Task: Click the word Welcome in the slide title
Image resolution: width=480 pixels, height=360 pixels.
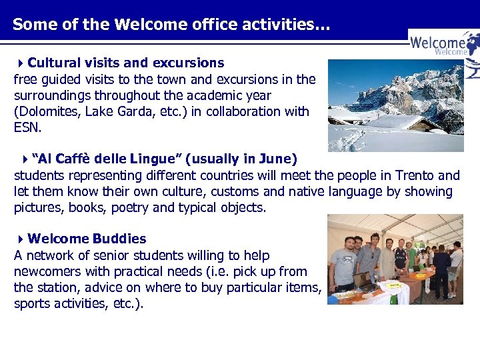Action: point(143,25)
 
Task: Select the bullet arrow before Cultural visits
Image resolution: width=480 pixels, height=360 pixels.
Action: point(21,63)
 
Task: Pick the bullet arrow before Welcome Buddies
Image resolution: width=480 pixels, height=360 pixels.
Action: point(21,239)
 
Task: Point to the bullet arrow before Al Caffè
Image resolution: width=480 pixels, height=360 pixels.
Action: point(25,159)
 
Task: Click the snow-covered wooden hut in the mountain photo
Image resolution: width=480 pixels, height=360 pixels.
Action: point(400,123)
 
